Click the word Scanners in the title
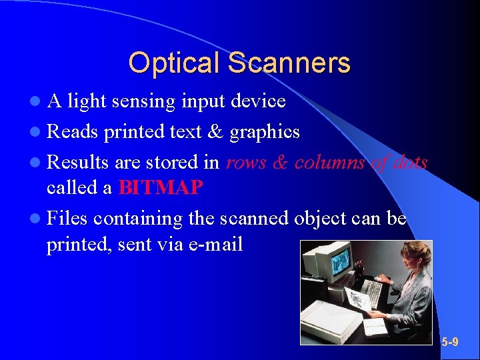pyautogui.click(x=288, y=63)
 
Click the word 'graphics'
pyautogui.click(x=265, y=133)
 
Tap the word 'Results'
pyautogui.click(x=79, y=162)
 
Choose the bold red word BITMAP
pyautogui.click(x=160, y=188)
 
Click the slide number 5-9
pyautogui.click(x=450, y=342)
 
